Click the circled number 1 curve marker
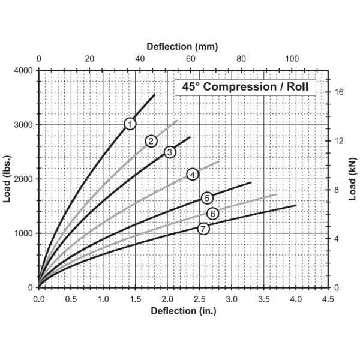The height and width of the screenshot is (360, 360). pyautogui.click(x=130, y=124)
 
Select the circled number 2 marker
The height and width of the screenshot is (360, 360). pyautogui.click(x=151, y=141)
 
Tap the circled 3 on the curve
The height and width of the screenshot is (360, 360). pyautogui.click(x=170, y=152)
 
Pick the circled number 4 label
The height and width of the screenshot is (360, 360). pyautogui.click(x=193, y=174)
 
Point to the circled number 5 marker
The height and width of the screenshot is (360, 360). pyautogui.click(x=207, y=198)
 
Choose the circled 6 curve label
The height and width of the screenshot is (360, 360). pyautogui.click(x=212, y=214)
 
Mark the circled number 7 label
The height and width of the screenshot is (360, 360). pyautogui.click(x=203, y=229)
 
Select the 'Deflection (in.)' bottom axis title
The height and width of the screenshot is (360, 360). pyautogui.click(x=183, y=311)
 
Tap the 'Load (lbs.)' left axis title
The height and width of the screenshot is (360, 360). pyautogui.click(x=8, y=179)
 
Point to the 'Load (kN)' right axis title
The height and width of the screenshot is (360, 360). pyautogui.click(x=353, y=179)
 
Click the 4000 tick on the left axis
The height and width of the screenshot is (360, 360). pyautogui.click(x=23, y=71)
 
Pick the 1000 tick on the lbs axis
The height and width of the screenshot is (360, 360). pyautogui.click(x=23, y=233)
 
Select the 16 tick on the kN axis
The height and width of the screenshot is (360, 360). pyautogui.click(x=338, y=92)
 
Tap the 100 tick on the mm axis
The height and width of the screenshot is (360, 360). pyautogui.click(x=292, y=58)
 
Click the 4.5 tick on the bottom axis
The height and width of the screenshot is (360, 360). pyautogui.click(x=328, y=298)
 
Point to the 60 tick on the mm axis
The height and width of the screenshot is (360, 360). pyautogui.click(x=191, y=58)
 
